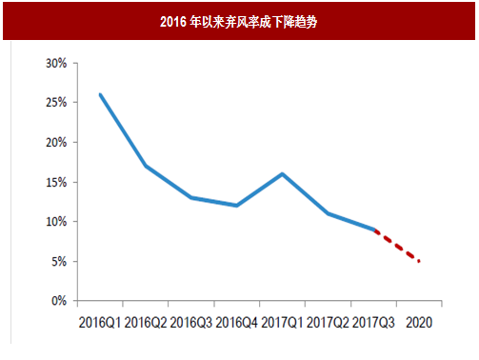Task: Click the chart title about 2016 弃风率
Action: tap(238, 21)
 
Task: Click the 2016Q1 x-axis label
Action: tap(100, 323)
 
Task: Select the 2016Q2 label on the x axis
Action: tap(146, 323)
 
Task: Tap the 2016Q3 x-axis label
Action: tap(191, 323)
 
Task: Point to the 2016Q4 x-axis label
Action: tap(236, 323)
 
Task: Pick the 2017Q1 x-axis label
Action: tap(282, 323)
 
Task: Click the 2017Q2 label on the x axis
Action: tap(328, 323)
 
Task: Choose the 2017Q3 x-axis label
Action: tap(373, 323)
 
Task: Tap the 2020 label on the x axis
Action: tap(419, 323)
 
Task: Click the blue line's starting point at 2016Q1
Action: tap(100, 94)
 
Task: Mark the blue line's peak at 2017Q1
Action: tap(282, 173)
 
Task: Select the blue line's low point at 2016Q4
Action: tap(236, 205)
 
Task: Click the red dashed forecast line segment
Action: tap(398, 246)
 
